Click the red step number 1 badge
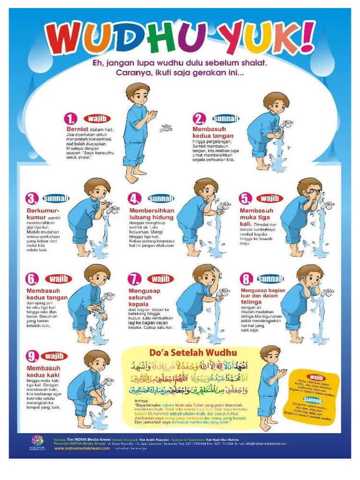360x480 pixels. [71, 118]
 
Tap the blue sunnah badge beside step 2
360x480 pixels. [226, 118]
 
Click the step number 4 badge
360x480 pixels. [135, 199]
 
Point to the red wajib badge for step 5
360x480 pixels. [270, 198]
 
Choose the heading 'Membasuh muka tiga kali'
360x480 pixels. [255, 217]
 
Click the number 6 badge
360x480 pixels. [32, 279]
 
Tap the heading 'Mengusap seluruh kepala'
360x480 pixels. [144, 297]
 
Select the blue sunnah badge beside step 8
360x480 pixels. [270, 279]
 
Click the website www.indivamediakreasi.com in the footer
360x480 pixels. [82, 448]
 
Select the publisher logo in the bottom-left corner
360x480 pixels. [37, 442]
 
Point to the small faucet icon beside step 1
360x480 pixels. [166, 128]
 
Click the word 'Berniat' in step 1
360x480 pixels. [76, 128]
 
